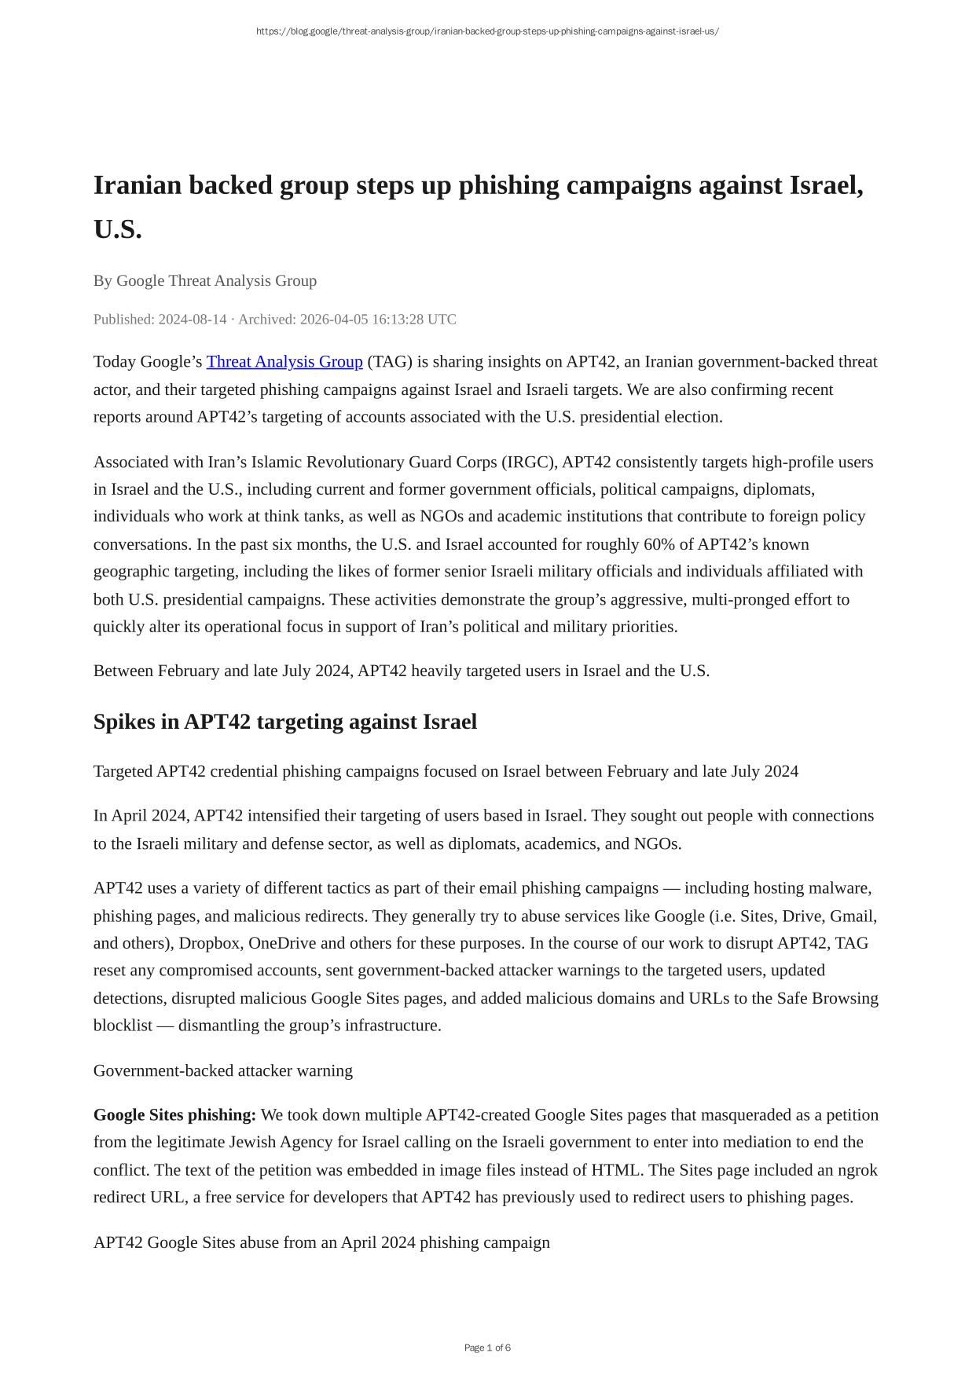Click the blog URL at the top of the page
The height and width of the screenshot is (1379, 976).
click(487, 31)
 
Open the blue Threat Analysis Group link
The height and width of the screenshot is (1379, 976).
click(284, 362)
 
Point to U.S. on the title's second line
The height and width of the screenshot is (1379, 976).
click(118, 230)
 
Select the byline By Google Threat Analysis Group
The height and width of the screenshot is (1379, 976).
click(205, 281)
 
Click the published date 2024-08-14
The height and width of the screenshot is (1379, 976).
click(193, 320)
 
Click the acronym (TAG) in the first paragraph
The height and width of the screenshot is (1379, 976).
click(390, 362)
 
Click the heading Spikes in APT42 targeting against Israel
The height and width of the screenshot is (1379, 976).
click(285, 722)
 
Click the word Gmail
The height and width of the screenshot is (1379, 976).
click(852, 916)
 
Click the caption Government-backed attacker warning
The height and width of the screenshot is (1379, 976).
click(223, 1071)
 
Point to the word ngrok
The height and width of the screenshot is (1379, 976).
click(857, 1170)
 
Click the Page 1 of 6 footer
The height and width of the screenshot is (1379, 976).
click(487, 1348)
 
